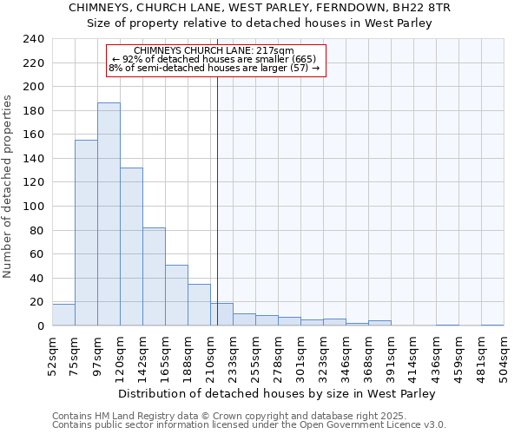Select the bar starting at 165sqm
(176, 295)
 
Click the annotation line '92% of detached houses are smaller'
(215, 59)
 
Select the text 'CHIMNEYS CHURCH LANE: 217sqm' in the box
(215, 50)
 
